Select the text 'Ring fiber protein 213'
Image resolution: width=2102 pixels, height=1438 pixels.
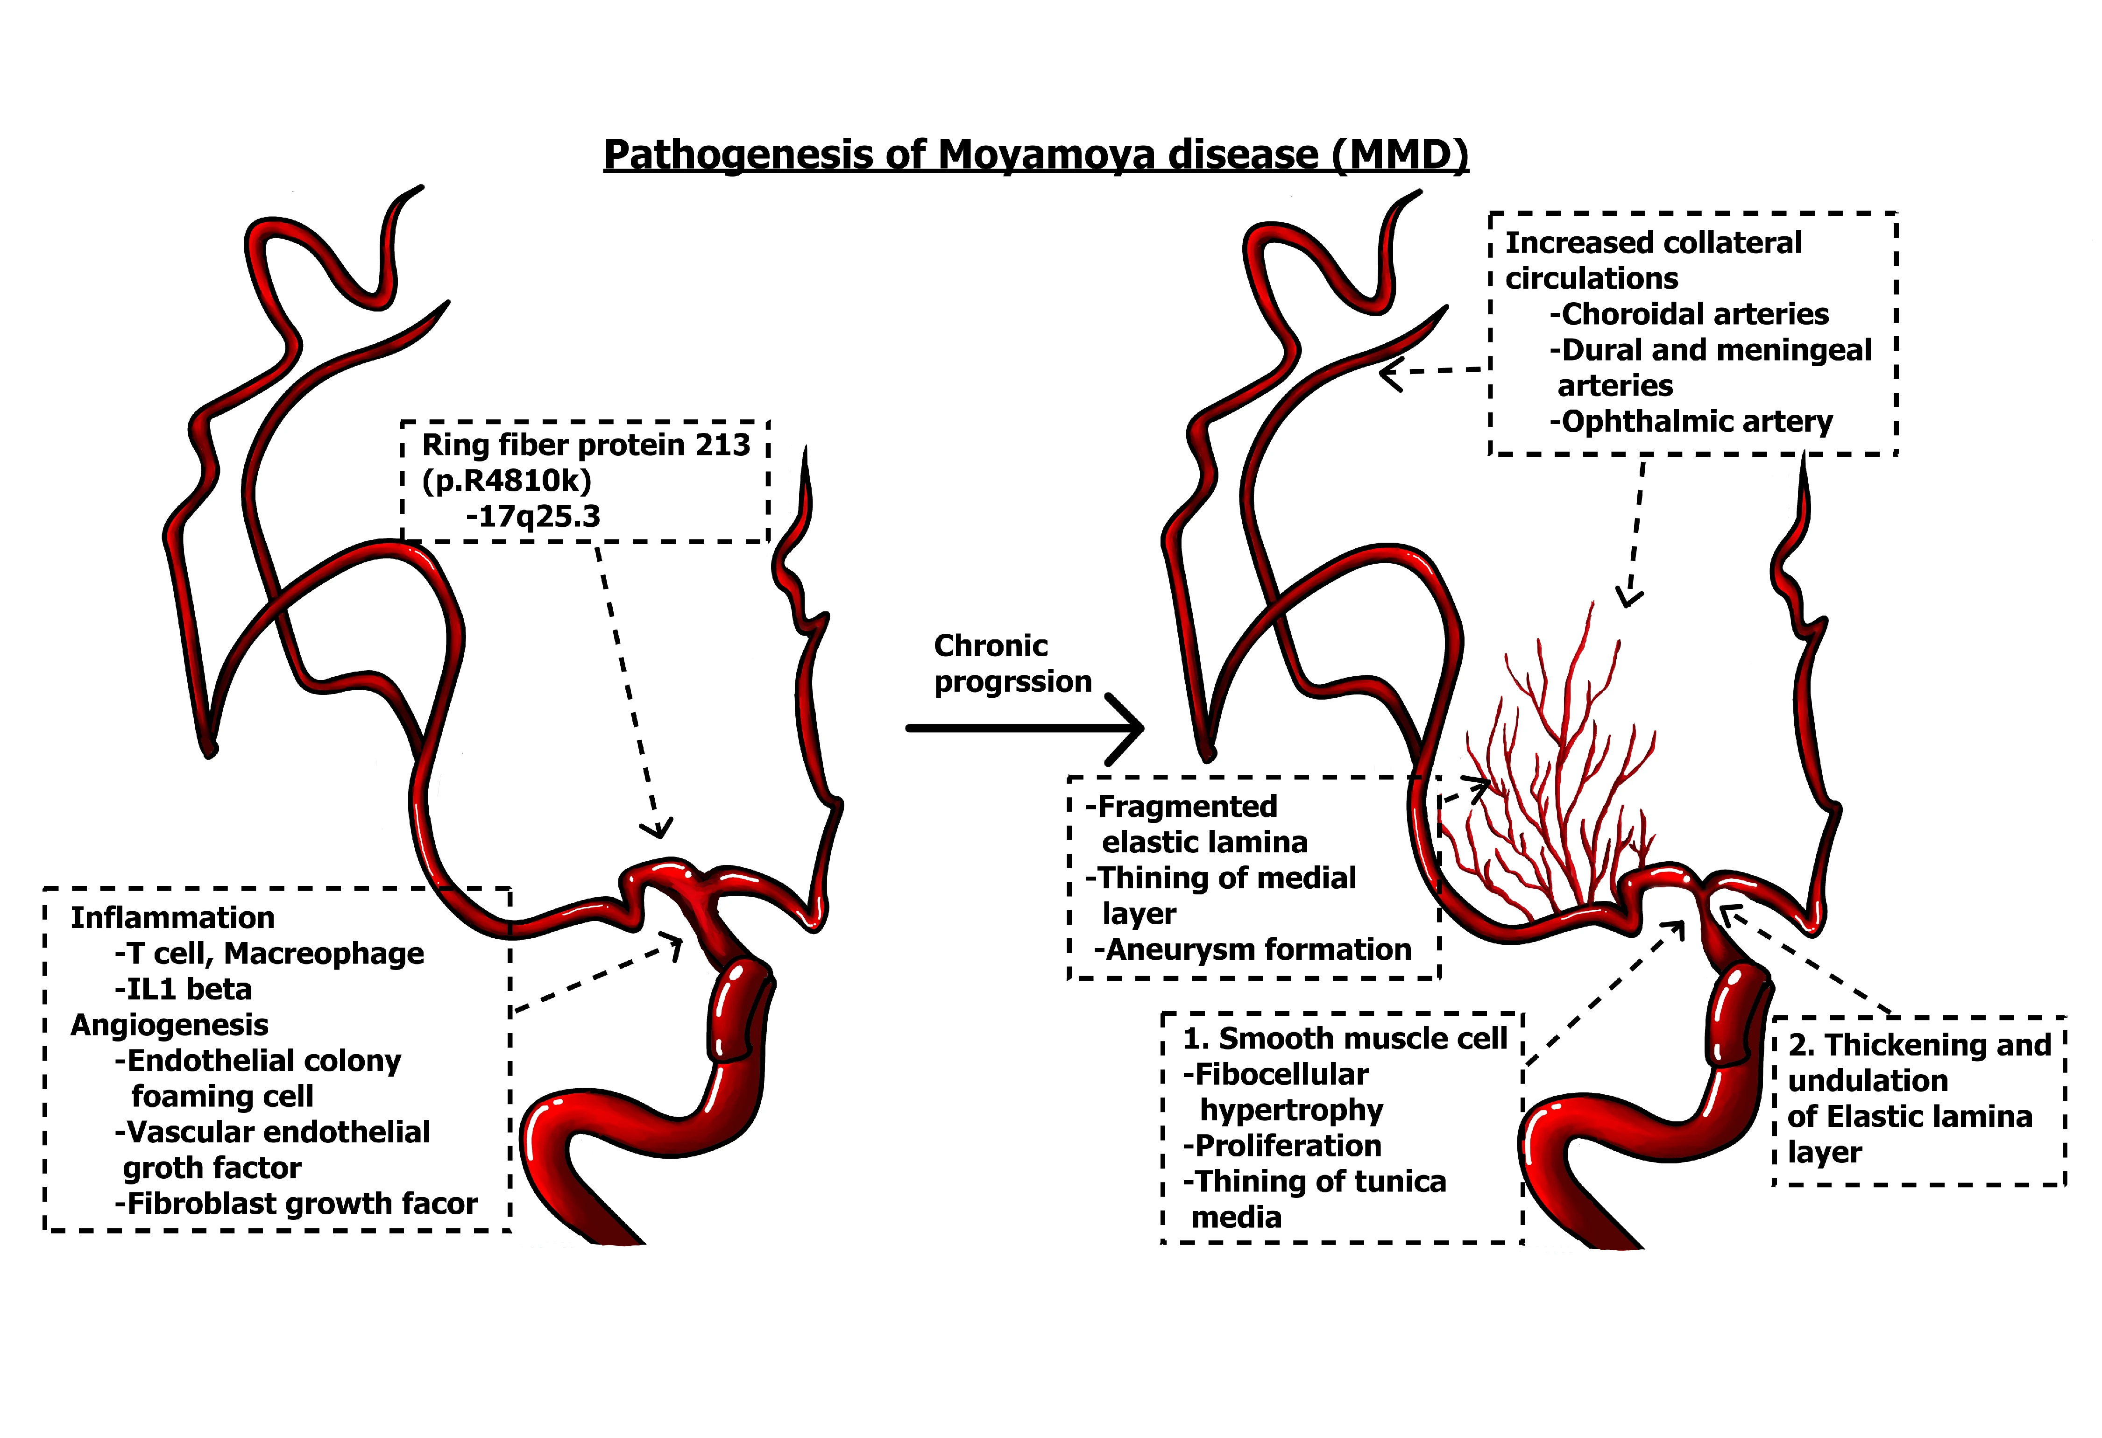coord(586,445)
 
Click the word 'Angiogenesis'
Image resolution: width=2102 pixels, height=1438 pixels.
coord(170,1025)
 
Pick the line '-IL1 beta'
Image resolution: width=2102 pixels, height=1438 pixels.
coord(184,990)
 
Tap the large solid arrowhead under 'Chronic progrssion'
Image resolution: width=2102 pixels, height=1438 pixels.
coord(1126,728)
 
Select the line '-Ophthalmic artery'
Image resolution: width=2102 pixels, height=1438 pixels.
coord(1691,421)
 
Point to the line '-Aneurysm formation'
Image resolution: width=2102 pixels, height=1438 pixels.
coord(1253,949)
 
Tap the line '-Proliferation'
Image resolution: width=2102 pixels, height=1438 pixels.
coord(1282,1146)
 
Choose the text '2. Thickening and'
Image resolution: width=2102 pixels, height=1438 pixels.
coord(1919,1046)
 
